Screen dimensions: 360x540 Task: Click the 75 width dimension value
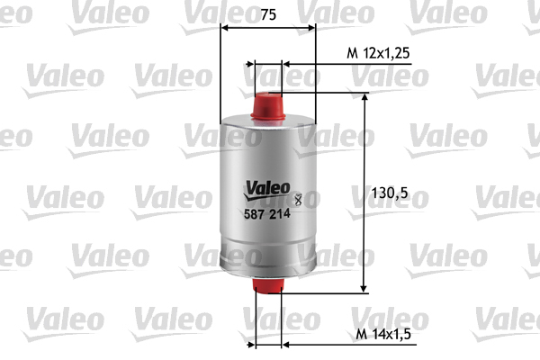[x=267, y=14]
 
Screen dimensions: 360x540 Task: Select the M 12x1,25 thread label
[x=378, y=54]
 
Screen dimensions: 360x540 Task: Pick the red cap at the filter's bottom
[x=267, y=286]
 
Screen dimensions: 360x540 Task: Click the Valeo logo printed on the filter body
[x=266, y=188]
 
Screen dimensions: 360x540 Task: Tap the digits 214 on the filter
[x=280, y=213]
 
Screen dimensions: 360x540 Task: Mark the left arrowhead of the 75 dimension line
[x=225, y=28]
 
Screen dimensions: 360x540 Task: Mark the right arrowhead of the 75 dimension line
[x=311, y=28]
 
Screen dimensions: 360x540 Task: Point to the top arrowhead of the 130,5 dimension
[x=364, y=98]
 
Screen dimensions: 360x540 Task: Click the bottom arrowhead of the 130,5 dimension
[x=364, y=287]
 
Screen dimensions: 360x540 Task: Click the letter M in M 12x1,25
[x=352, y=54]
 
